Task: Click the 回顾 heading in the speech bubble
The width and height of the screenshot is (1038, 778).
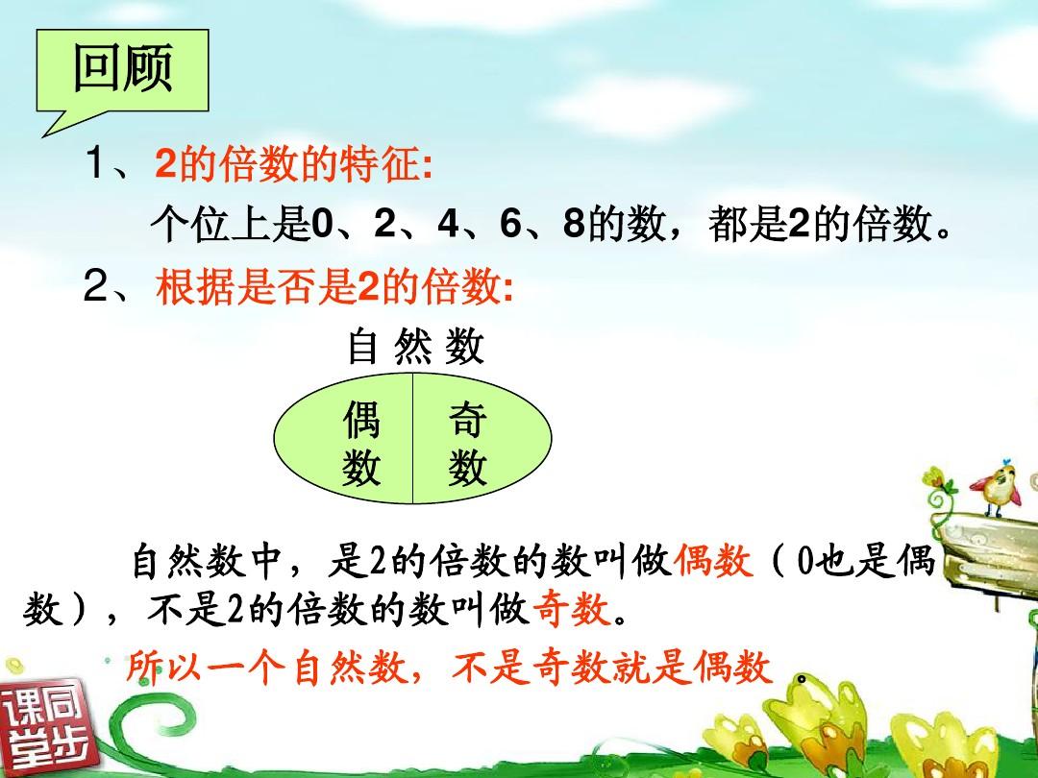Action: pos(123,68)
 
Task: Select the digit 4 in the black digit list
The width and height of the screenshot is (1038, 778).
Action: pos(448,224)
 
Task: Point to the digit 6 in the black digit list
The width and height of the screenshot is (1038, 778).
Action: pos(511,224)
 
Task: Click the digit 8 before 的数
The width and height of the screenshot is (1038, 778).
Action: pos(574,224)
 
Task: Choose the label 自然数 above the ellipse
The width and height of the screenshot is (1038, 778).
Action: pos(416,346)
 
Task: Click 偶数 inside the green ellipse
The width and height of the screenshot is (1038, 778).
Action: pos(361,443)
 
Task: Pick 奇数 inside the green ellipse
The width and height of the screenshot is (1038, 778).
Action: pos(467,443)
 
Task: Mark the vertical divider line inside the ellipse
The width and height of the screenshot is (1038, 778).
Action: pos(413,439)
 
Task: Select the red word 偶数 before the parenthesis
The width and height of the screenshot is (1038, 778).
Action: pos(713,562)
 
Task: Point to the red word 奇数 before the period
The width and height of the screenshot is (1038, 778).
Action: pos(571,609)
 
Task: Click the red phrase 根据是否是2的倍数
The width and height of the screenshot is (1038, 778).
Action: pos(334,288)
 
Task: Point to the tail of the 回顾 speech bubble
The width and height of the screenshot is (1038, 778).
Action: pos(43,135)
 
